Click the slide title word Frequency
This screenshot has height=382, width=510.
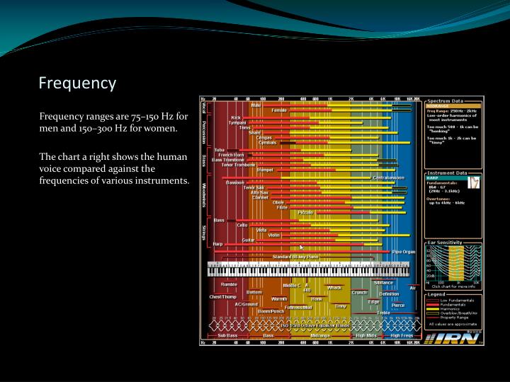click(x=76, y=83)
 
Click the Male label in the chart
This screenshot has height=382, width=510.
click(x=256, y=105)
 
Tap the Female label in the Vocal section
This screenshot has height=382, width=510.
click(x=278, y=110)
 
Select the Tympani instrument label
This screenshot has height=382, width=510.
click(x=237, y=122)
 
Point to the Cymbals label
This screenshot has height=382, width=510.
click(x=267, y=142)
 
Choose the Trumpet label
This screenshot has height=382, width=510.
click(x=265, y=170)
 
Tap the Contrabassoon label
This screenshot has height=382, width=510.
click(x=389, y=178)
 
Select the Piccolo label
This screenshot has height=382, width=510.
click(x=305, y=212)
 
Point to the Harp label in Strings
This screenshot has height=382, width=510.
click(x=217, y=243)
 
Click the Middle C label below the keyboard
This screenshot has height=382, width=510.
click(x=291, y=285)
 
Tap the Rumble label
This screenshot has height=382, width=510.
click(x=229, y=284)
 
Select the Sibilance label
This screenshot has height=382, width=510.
click(x=373, y=283)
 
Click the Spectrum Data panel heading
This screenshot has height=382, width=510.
click(x=446, y=100)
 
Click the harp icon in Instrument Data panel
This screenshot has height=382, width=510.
click(x=475, y=183)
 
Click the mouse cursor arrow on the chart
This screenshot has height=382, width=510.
click(x=301, y=248)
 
